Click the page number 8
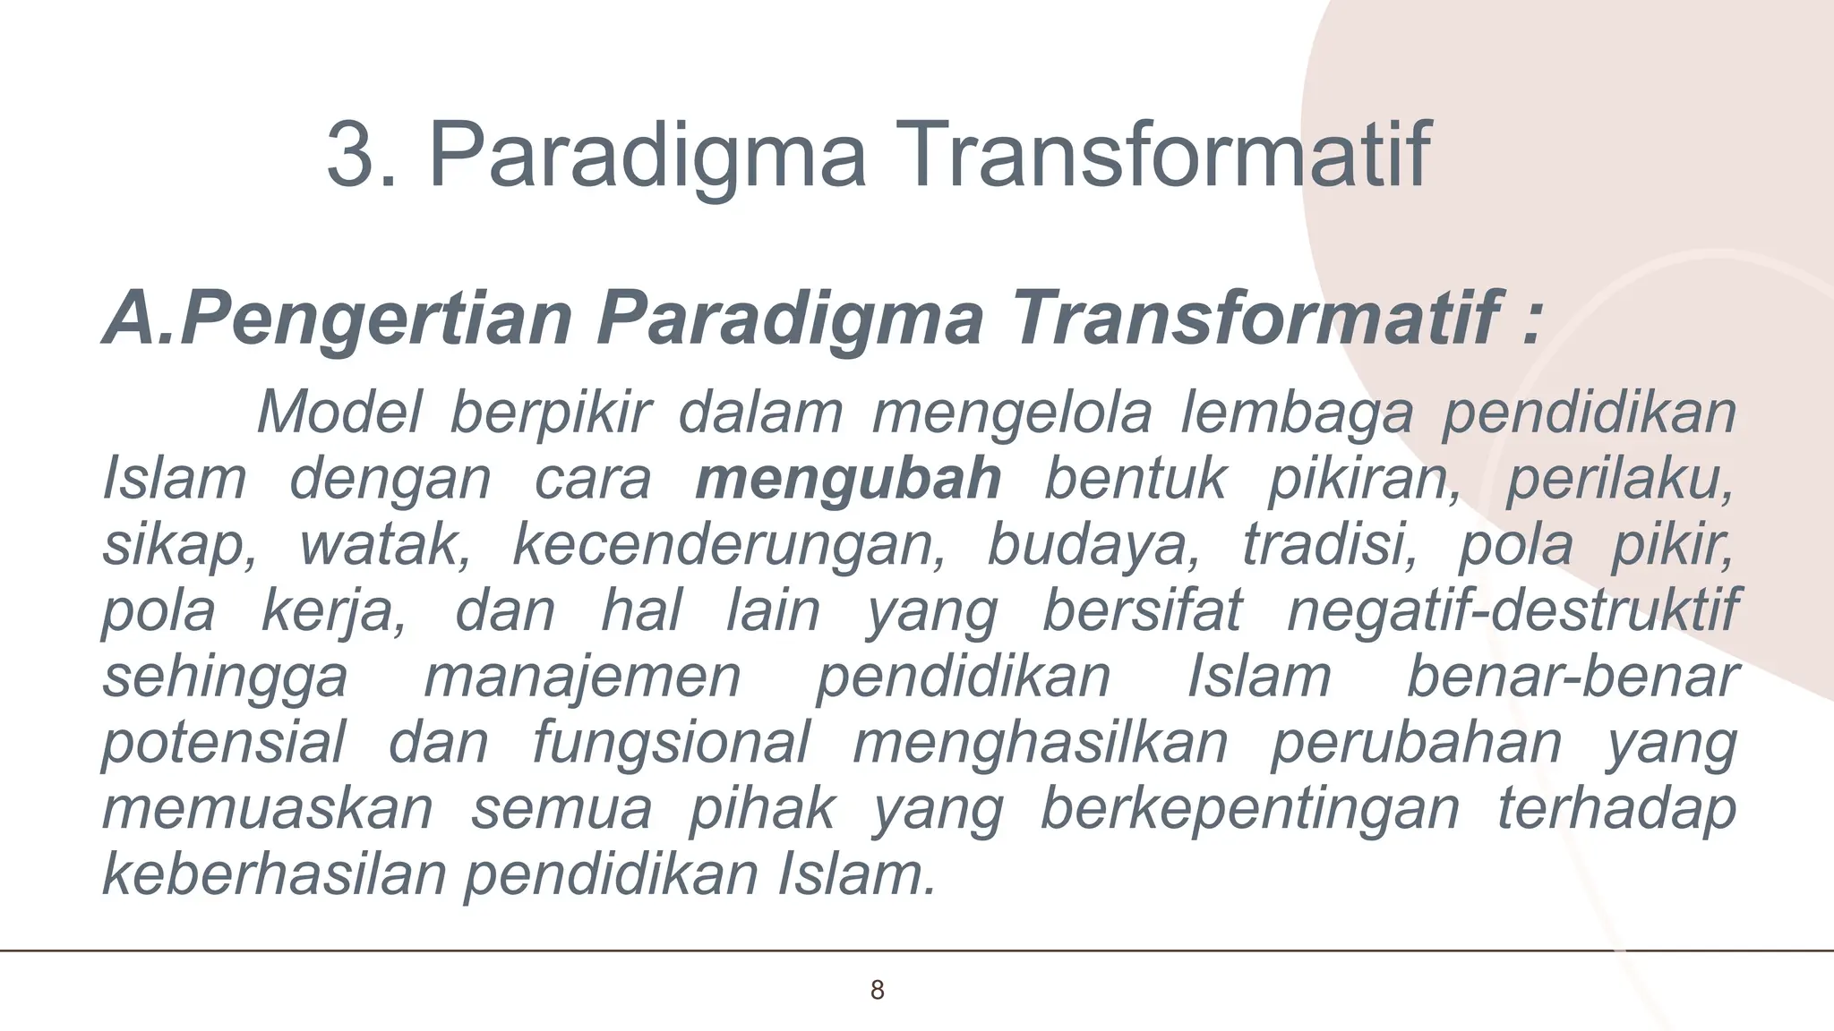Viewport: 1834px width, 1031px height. click(878, 990)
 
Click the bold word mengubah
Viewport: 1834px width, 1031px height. click(848, 479)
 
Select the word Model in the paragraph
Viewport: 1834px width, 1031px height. click(339, 413)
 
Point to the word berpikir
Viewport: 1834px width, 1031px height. click(550, 414)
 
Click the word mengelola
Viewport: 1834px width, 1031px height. click(1012, 414)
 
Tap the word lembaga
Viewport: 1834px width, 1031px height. click(1296, 414)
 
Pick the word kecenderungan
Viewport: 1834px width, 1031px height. click(727, 545)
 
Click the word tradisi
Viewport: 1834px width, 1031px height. click(1329, 545)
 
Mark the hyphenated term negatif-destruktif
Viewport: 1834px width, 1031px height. click(1513, 611)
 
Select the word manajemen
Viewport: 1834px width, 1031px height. click(582, 677)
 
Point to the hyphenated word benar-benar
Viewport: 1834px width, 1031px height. click(1573, 677)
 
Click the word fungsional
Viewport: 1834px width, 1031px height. click(671, 744)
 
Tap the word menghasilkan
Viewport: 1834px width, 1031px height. click(1040, 743)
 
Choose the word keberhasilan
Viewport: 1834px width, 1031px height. click(274, 874)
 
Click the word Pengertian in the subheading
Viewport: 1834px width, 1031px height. click(376, 320)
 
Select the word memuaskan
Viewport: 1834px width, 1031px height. click(268, 808)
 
